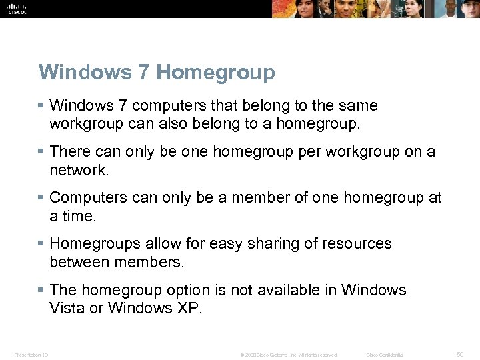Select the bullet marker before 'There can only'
click(41, 152)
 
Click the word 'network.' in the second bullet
click(79, 170)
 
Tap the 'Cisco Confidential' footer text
click(385, 355)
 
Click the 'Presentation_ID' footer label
click(31, 355)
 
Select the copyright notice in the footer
click(289, 355)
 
